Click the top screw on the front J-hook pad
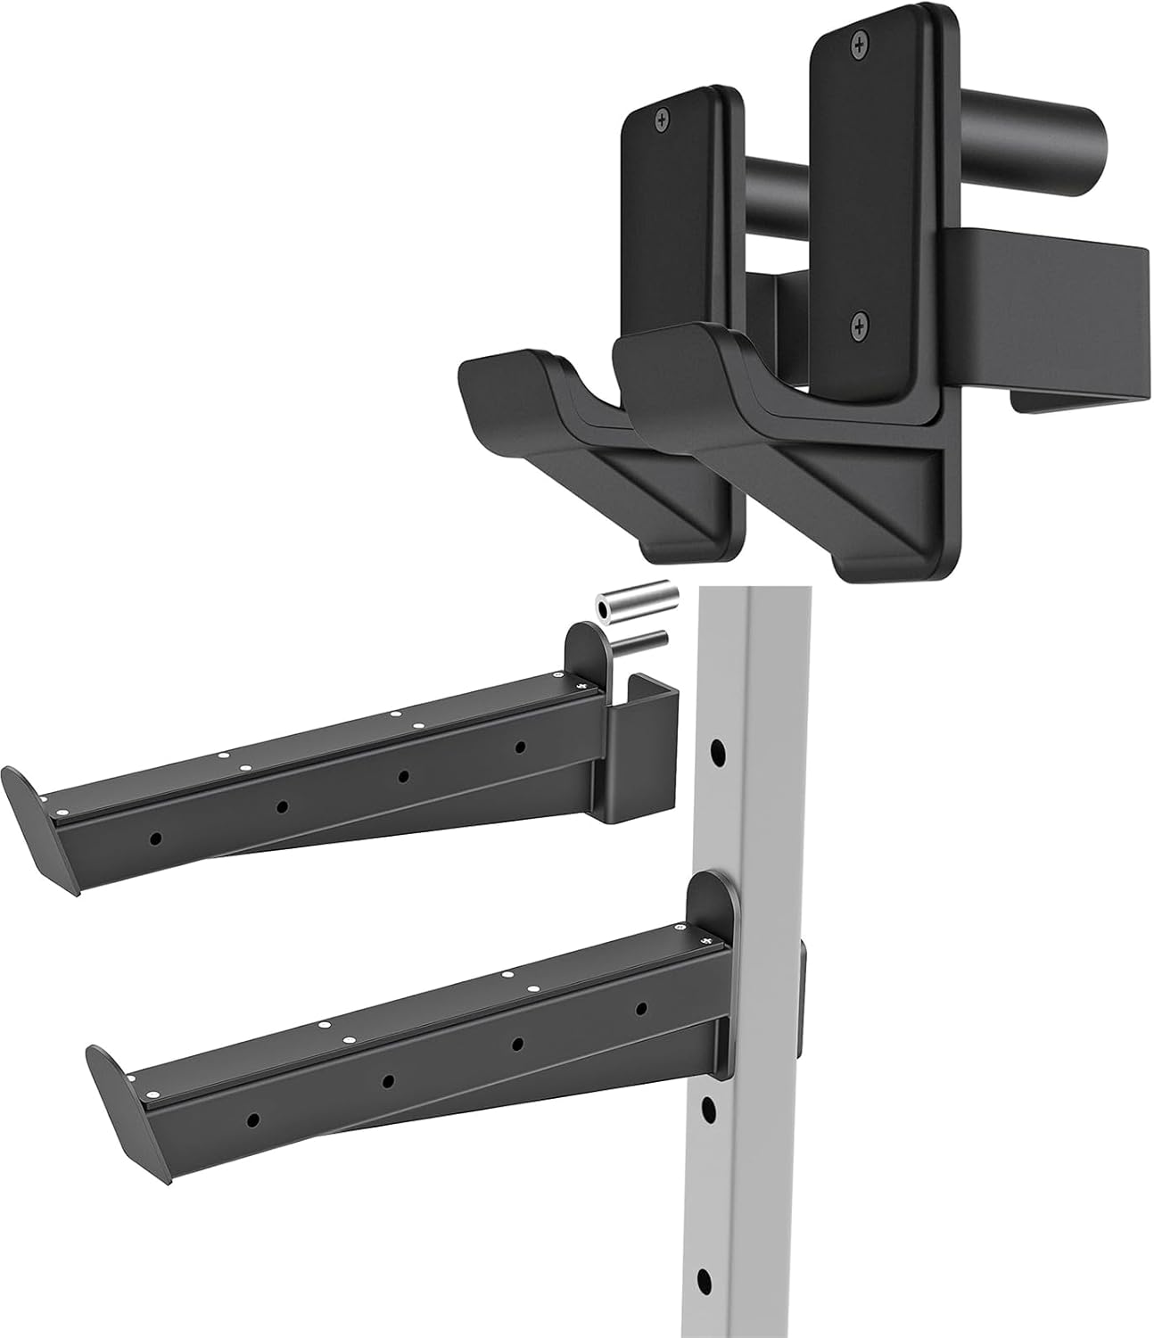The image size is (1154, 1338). pyautogui.click(x=860, y=41)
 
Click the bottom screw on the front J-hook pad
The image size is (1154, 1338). pyautogui.click(x=859, y=326)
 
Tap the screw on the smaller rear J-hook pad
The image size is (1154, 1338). pyautogui.click(x=663, y=119)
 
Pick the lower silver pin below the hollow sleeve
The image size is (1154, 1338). pyautogui.click(x=639, y=639)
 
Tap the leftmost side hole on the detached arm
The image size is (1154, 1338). pyautogui.click(x=156, y=838)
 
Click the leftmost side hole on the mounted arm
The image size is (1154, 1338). pyautogui.click(x=253, y=1118)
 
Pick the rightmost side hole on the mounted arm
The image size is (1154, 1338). pyautogui.click(x=641, y=1008)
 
